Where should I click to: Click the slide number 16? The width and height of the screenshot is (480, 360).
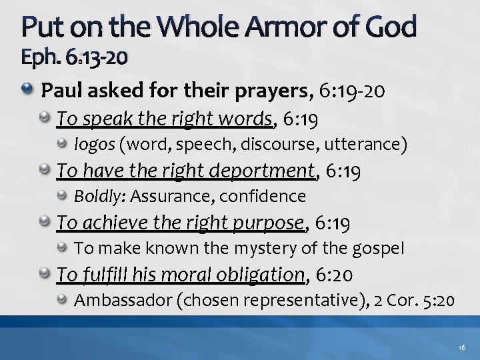(463, 348)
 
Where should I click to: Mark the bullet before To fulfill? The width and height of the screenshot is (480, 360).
(47, 273)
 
